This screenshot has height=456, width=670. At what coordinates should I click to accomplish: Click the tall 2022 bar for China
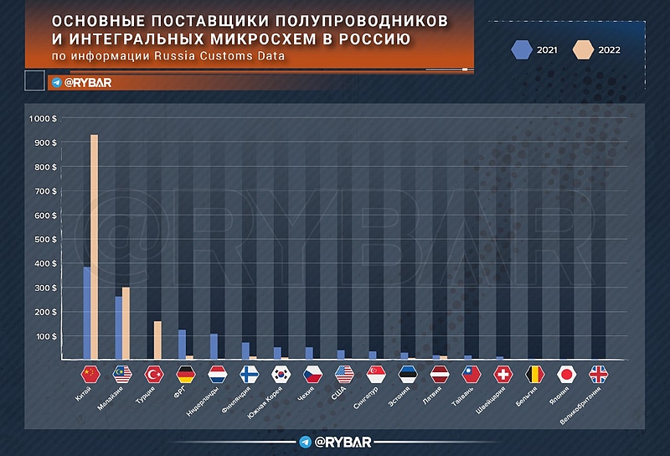[x=95, y=247]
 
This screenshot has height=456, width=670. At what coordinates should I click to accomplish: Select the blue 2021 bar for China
[x=86, y=313]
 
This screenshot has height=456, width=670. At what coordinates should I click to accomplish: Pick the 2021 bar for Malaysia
[x=118, y=328]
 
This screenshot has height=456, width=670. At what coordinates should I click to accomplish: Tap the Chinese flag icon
[x=90, y=374]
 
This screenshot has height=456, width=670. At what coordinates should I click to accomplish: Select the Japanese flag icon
[x=568, y=374]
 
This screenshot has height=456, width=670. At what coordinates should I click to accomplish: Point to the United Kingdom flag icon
[x=600, y=374]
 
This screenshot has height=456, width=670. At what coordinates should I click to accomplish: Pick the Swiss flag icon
[x=504, y=374]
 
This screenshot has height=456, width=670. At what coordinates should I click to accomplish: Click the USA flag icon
[x=345, y=374]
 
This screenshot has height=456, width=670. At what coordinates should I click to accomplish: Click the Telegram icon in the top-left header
[x=56, y=82]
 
